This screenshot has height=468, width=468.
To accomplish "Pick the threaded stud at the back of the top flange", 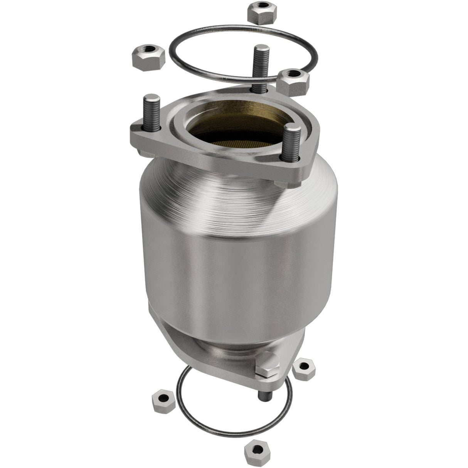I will pos(259,66).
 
